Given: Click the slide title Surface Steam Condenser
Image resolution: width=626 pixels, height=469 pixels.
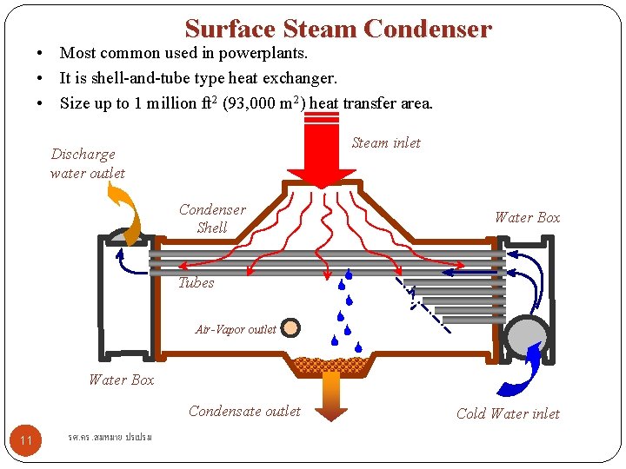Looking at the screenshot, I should pyautogui.click(x=338, y=30).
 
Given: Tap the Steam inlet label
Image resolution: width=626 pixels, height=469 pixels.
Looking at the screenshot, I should pyautogui.click(x=385, y=143).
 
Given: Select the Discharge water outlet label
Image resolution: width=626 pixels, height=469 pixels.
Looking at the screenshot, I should pyautogui.click(x=86, y=163).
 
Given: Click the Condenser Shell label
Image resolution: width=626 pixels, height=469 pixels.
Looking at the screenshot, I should pyautogui.click(x=212, y=219).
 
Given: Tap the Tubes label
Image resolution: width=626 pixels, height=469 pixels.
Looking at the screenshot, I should pyautogui.click(x=196, y=283).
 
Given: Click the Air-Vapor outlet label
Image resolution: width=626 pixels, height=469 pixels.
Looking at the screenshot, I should pyautogui.click(x=236, y=329).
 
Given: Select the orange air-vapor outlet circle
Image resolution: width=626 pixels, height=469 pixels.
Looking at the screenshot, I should pyautogui.click(x=290, y=328).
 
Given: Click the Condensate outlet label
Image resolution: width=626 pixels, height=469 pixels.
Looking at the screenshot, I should pyautogui.click(x=244, y=412).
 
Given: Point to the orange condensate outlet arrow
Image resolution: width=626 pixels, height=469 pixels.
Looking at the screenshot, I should pyautogui.click(x=330, y=395).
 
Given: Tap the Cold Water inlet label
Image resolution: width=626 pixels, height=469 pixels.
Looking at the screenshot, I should pyautogui.click(x=508, y=413).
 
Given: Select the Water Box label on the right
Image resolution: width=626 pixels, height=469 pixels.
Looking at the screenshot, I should pyautogui.click(x=527, y=217).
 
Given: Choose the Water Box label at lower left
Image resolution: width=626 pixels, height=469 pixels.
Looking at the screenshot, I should pyautogui.click(x=121, y=380).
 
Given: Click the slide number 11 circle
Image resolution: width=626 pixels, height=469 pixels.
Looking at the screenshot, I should pyautogui.click(x=26, y=440).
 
